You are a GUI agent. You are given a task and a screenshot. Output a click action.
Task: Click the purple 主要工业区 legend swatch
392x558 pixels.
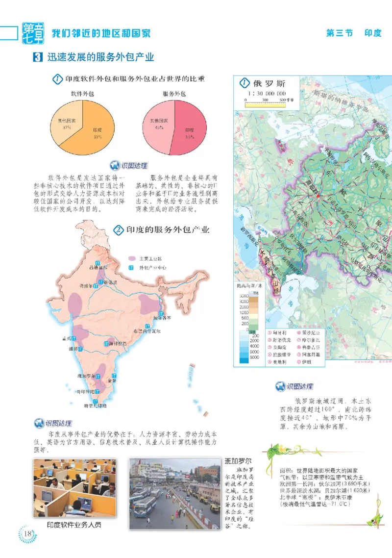pyautogui.click(x=131, y=258)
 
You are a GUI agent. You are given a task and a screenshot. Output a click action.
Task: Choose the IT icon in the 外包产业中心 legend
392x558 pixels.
pyautogui.click(x=131, y=268)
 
